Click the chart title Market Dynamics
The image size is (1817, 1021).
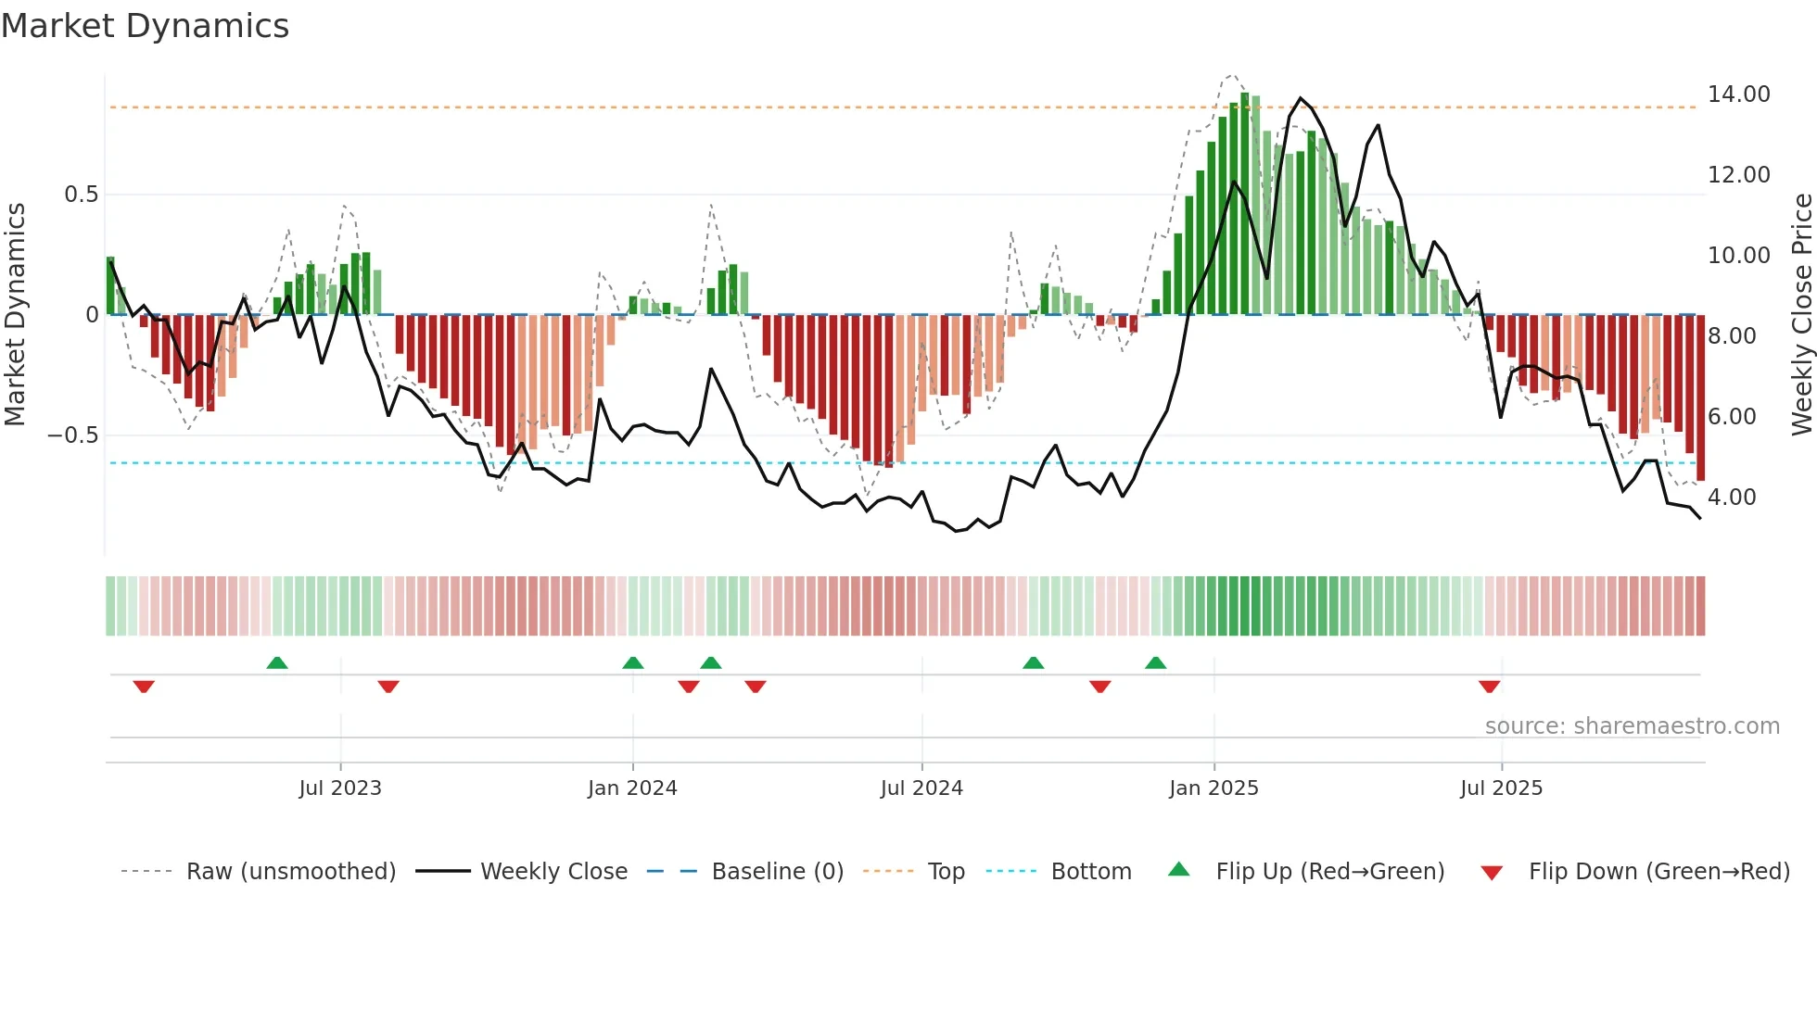click(145, 26)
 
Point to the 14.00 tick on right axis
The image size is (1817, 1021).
click(1738, 95)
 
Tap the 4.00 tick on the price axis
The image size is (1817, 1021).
click(1732, 498)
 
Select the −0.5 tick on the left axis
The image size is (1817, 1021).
click(72, 435)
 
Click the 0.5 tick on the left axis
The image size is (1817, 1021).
click(81, 195)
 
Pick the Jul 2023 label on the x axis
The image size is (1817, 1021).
click(340, 788)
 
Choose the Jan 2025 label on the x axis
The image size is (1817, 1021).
click(1213, 788)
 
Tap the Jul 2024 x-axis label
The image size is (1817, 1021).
click(921, 788)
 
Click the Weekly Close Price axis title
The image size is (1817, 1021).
click(1801, 315)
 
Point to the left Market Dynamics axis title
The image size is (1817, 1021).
click(15, 315)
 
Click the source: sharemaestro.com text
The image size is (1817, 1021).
click(1632, 726)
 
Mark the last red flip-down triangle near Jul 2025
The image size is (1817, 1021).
click(1490, 687)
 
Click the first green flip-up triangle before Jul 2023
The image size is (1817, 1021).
click(277, 662)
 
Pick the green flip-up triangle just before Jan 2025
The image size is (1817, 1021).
click(1155, 662)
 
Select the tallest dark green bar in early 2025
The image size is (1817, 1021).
click(1245, 204)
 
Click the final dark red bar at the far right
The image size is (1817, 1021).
click(1700, 398)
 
